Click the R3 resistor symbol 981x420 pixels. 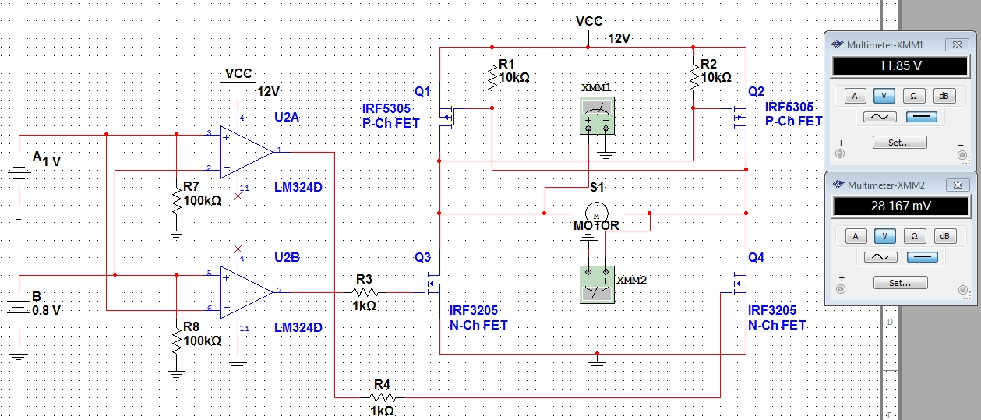coord(365,292)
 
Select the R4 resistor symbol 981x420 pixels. coord(383,397)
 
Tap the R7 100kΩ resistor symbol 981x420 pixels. coord(177,200)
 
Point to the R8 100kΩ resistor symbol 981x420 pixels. coord(177,341)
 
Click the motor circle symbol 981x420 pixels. coord(597,214)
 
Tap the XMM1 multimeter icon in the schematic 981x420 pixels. coord(598,115)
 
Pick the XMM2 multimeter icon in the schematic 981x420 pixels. coord(598,284)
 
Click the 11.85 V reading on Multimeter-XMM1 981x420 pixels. coord(901,65)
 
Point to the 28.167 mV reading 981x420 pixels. coord(901,206)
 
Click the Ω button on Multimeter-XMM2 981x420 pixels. coord(915,236)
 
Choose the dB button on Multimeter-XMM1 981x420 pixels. coord(944,96)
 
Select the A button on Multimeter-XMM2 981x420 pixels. coord(856,236)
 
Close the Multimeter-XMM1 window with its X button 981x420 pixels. coord(957,44)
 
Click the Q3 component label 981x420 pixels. coord(422,257)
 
